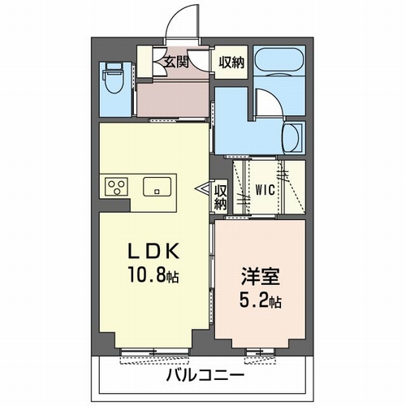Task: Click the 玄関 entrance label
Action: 176,63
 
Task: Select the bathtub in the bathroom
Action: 279,61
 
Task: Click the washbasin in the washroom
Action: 292,138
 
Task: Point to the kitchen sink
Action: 157,187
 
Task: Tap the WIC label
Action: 266,190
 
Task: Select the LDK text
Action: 153,252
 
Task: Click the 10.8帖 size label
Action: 153,275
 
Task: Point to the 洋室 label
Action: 261,276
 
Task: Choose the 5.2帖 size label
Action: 261,300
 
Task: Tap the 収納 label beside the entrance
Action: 231,63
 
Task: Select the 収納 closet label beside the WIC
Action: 221,197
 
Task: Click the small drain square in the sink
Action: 157,192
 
